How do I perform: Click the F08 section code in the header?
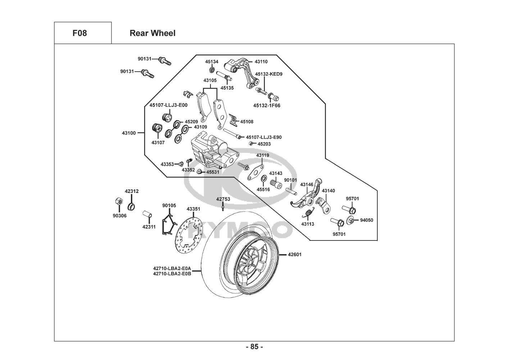(79, 33)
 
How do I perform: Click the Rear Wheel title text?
(153, 33)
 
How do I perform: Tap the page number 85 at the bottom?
(254, 347)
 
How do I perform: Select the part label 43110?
(261, 62)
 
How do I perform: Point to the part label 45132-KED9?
(269, 74)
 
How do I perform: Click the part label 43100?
(129, 133)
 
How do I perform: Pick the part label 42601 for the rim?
(295, 255)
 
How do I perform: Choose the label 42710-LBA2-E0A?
(172, 268)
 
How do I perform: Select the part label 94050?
(367, 220)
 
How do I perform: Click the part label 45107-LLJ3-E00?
(168, 105)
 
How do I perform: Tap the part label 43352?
(188, 170)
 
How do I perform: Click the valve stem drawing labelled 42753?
(223, 206)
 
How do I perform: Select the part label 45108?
(247, 122)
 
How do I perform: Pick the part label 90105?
(169, 206)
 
